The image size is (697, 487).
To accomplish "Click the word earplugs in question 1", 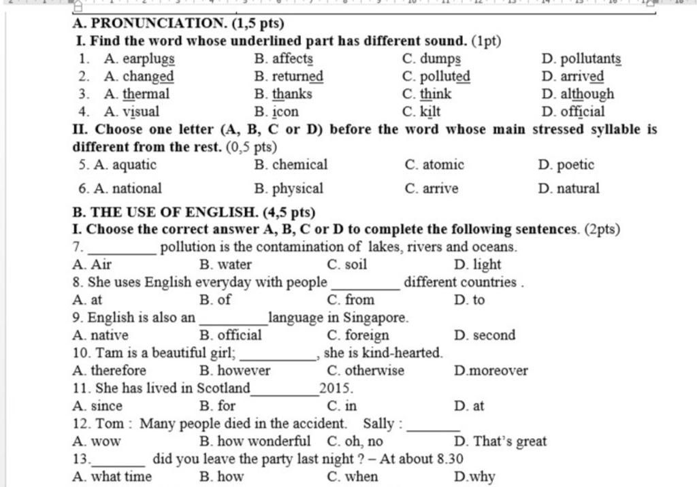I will (x=148, y=59).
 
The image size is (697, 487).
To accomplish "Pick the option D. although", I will (x=578, y=94).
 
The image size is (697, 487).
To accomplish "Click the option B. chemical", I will (x=291, y=165).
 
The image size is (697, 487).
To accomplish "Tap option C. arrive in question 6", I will (x=431, y=188).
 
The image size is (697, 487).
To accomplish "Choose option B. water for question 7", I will (x=226, y=265).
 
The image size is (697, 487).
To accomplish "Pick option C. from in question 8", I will (x=351, y=300).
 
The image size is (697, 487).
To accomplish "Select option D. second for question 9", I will (x=485, y=335).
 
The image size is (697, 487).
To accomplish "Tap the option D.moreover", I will (x=490, y=371).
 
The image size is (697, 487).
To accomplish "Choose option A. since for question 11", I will (x=97, y=406).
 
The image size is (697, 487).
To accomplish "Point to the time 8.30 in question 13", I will (x=449, y=459).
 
